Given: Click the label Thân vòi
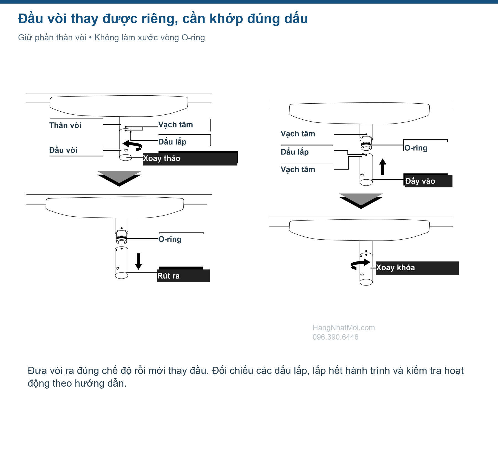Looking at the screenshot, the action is (x=65, y=125).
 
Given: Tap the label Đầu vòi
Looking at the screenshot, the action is (x=63, y=150).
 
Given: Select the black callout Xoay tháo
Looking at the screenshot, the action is (x=190, y=159).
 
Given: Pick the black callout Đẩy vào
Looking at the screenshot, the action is (x=428, y=181).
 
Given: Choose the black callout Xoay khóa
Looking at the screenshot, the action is (x=417, y=268).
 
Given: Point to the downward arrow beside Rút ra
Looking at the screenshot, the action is (x=138, y=261).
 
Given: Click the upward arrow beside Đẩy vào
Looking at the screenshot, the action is (x=383, y=167).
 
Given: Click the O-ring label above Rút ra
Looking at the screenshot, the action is (x=170, y=239).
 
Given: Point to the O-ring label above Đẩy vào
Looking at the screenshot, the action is (x=416, y=148).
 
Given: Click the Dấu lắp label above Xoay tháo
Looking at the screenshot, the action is (x=172, y=142).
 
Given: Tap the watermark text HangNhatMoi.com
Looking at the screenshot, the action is (x=344, y=328).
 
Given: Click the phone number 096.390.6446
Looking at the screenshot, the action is (x=335, y=337).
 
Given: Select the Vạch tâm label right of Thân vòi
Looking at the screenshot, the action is (x=175, y=125).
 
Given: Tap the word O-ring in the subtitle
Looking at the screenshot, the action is (x=193, y=38).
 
